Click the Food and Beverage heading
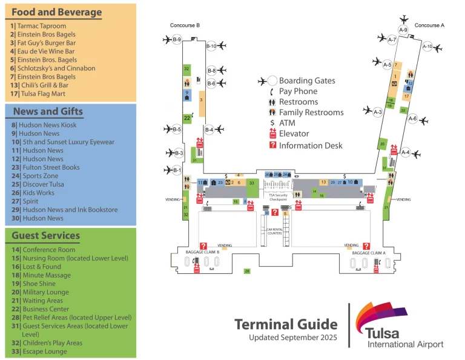[56, 12]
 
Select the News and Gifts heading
[48, 112]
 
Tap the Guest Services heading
[46, 236]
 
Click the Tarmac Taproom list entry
[38, 26]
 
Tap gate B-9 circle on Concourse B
[177, 40]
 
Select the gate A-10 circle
[427, 47]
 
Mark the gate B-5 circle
[177, 129]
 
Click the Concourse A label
[429, 25]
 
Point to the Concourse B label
[185, 25]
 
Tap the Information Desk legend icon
[273, 145]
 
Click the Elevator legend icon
[273, 134]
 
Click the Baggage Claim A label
[369, 253]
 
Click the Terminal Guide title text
[286, 324]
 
